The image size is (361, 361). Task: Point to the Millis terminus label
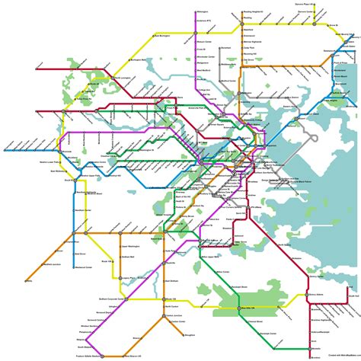[x=30, y=281]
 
